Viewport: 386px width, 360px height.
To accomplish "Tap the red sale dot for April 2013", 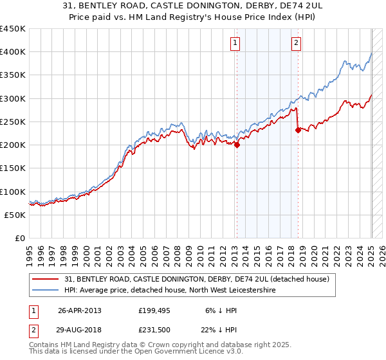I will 237,145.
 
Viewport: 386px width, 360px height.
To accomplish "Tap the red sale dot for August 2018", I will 298,130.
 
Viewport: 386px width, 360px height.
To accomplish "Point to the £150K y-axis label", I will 14,168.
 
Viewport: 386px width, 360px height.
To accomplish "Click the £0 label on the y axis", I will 19,239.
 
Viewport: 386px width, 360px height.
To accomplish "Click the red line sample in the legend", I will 46,279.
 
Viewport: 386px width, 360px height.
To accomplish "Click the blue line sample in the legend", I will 46,291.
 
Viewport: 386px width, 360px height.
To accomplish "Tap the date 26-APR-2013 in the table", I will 80,310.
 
